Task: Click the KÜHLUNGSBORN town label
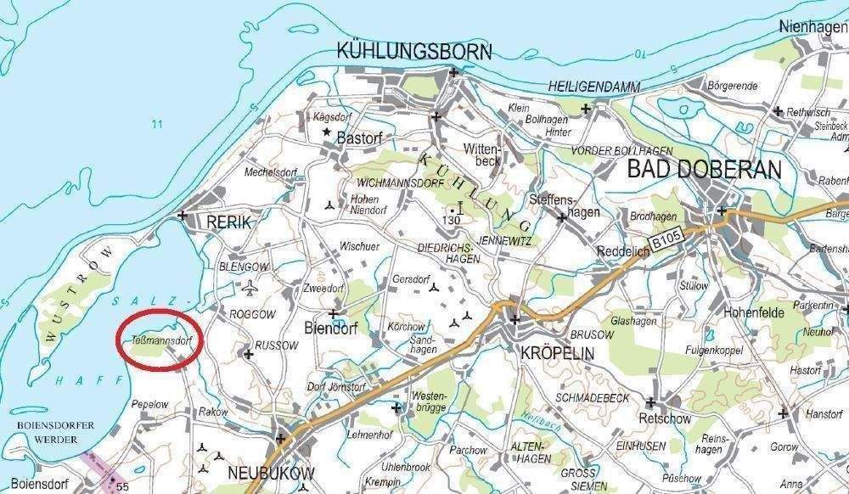pyautogui.click(x=413, y=51)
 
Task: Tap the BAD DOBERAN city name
pyautogui.click(x=704, y=169)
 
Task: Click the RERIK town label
pyautogui.click(x=229, y=222)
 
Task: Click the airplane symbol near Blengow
pyautogui.click(x=249, y=290)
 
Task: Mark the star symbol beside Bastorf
pyautogui.click(x=324, y=134)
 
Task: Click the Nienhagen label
pyautogui.click(x=812, y=27)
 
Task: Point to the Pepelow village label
pyautogui.click(x=150, y=405)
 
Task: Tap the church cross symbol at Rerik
pyautogui.click(x=183, y=216)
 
